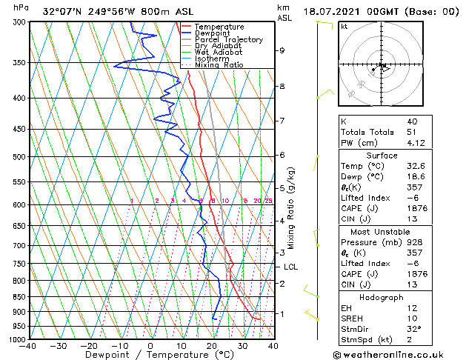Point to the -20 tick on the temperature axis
(88, 345)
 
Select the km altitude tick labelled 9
(282, 50)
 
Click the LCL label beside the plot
(290, 267)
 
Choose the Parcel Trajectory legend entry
(228, 39)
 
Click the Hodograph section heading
(382, 297)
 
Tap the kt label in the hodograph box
(344, 27)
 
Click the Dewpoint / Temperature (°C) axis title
(150, 355)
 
